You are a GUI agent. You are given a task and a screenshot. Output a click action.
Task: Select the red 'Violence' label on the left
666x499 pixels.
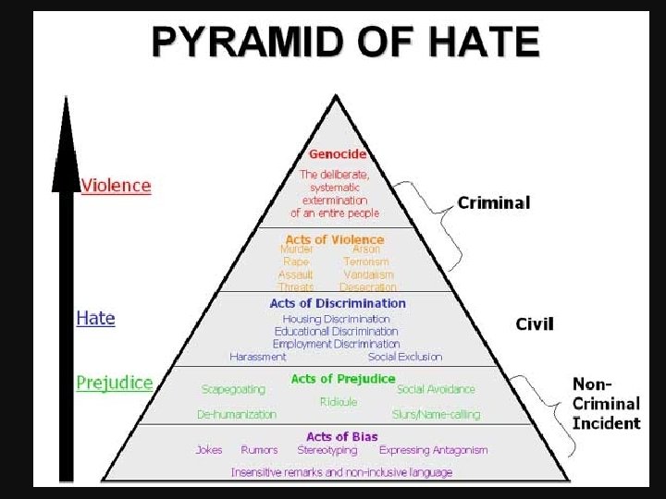(x=116, y=185)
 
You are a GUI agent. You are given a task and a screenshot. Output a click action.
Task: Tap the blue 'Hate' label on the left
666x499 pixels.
(x=95, y=318)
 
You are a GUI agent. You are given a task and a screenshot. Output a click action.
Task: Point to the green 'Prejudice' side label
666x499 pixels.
(x=115, y=383)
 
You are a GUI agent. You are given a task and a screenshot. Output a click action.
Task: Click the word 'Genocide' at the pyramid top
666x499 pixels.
(x=338, y=154)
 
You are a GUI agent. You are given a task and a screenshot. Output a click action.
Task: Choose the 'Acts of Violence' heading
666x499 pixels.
(x=335, y=239)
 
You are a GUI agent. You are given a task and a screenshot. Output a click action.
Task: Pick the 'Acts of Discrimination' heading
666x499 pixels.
(x=338, y=303)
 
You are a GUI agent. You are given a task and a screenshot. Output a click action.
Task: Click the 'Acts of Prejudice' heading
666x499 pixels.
(x=342, y=379)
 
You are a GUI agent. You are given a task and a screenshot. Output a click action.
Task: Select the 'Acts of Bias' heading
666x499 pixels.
(x=341, y=436)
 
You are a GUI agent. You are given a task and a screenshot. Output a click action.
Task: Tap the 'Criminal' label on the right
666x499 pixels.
(x=494, y=202)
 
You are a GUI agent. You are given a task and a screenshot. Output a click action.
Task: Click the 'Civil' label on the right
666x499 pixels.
(x=535, y=323)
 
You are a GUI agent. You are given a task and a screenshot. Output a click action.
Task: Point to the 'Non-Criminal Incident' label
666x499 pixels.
(x=606, y=404)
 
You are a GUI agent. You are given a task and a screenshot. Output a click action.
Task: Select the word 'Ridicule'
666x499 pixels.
(x=338, y=402)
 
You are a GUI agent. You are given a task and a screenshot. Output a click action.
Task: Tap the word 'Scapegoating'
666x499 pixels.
(x=233, y=390)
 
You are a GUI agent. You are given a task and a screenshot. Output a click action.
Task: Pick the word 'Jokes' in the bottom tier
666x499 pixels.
(x=209, y=450)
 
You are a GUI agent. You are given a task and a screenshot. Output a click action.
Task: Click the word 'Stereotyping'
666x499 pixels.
(x=327, y=450)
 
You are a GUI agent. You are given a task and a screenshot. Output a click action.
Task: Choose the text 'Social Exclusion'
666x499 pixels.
(x=405, y=357)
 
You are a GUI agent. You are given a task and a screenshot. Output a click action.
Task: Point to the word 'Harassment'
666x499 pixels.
(x=258, y=357)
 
